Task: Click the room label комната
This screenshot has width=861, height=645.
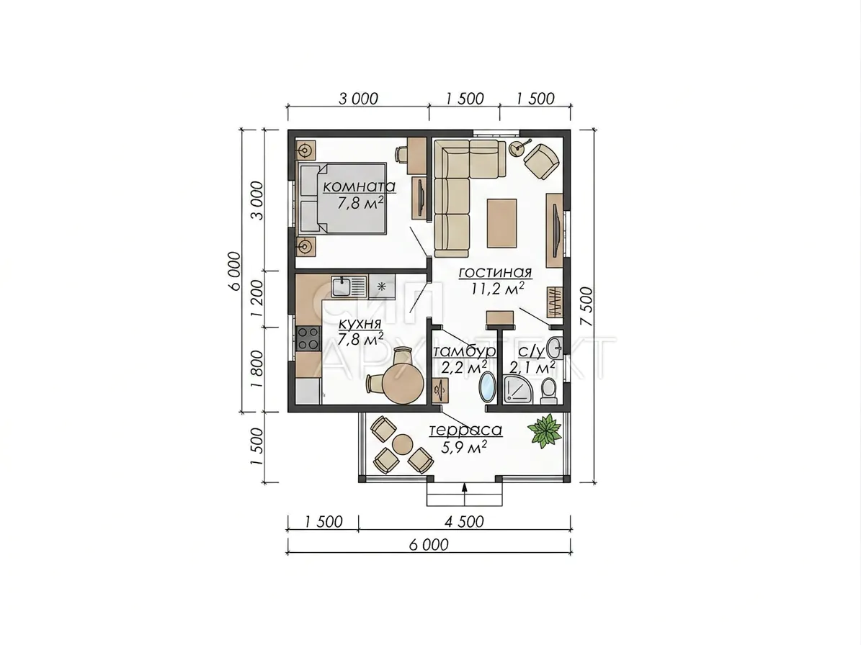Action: click(359, 186)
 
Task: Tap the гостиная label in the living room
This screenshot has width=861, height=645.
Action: click(495, 272)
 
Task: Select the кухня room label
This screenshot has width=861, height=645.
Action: click(360, 324)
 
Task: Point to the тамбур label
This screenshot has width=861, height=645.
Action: click(465, 351)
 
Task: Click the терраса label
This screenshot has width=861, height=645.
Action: click(465, 430)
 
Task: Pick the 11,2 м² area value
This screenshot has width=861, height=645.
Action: click(497, 288)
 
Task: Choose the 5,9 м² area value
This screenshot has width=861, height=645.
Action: click(464, 447)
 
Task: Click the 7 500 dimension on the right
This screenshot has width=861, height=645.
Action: click(586, 307)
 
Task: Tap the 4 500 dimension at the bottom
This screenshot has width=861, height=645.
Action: click(464, 521)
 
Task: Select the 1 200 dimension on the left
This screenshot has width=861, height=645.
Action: click(256, 299)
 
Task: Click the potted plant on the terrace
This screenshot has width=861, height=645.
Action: click(545, 430)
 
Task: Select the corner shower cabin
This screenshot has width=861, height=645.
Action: click(519, 390)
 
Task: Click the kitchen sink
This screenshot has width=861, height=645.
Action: click(349, 287)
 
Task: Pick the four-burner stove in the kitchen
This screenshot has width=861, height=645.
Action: click(308, 338)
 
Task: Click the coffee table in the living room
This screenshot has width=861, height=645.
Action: click(502, 223)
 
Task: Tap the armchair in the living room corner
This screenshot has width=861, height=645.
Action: click(542, 161)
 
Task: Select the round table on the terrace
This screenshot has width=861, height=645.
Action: click(403, 444)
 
